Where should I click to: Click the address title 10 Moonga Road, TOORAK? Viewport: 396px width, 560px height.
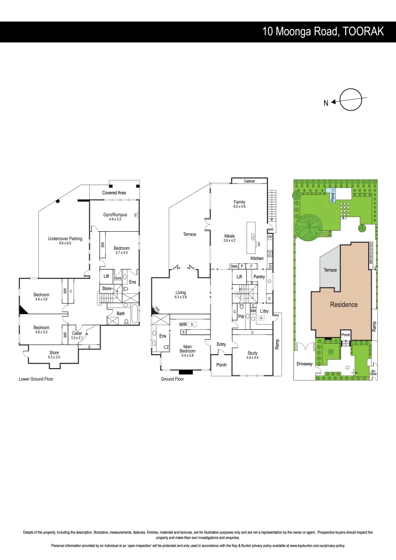tap(323, 32)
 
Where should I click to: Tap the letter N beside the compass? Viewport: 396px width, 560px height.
tap(326, 103)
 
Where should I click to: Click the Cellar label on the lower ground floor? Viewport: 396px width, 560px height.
tap(77, 333)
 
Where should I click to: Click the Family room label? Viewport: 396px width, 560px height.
tap(239, 202)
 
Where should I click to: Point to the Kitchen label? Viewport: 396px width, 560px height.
tap(257, 258)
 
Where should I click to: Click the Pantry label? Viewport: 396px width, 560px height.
tap(259, 277)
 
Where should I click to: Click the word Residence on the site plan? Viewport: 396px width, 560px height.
tap(344, 304)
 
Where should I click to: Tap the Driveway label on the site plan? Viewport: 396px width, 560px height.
tap(305, 364)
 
